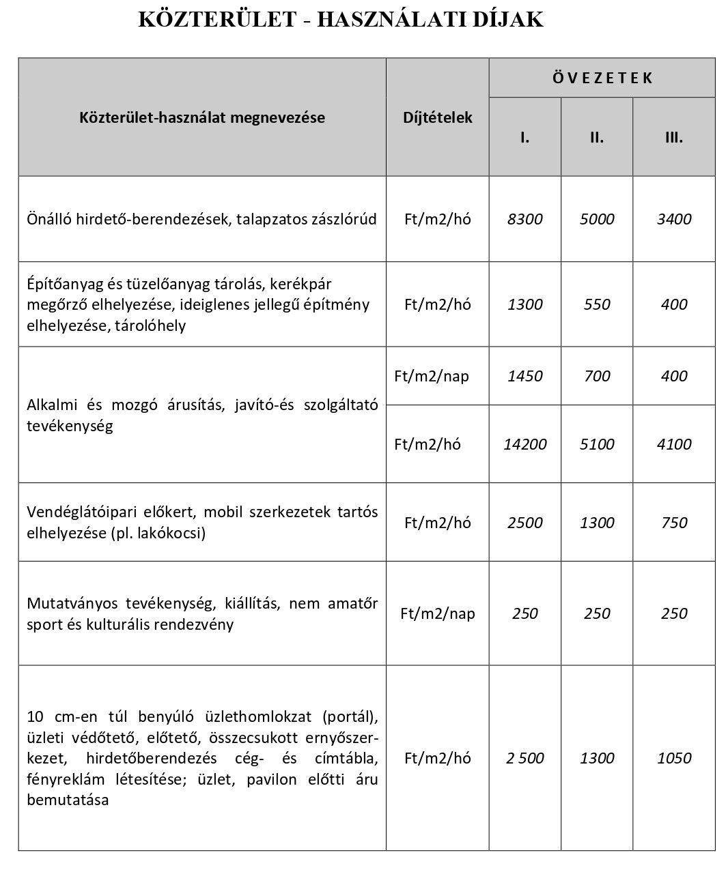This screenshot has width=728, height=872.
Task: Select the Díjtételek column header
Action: pos(438,117)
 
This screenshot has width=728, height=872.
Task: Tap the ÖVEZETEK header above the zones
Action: pos(602,78)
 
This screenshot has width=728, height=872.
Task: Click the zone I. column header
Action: pos(524,137)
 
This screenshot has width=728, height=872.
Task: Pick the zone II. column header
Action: pos(597,137)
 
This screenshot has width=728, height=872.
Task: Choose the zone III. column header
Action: pos(674,137)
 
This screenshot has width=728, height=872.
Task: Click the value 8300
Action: pos(525,219)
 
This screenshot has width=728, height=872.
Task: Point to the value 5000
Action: pos(597,219)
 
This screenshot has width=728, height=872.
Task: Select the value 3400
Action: pos(674,219)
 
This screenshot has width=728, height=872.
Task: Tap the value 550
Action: pos(597,304)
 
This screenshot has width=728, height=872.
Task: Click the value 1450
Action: pos(525,376)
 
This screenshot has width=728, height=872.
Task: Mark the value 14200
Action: pos(525,444)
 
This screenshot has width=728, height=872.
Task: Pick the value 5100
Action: pos(597,444)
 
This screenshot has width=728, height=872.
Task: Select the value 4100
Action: pos(674,444)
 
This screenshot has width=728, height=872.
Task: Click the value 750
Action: pos(674,523)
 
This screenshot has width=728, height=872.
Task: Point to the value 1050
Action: pos(674,758)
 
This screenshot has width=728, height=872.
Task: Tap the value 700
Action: pos(597,376)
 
